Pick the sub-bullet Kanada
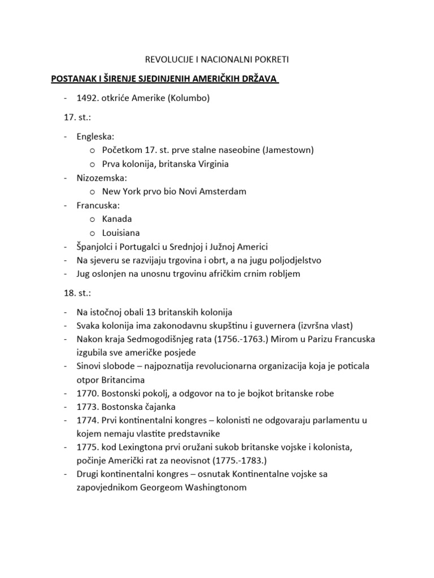[x=117, y=218]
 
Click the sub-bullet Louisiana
[x=121, y=233]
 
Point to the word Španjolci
[x=97, y=246]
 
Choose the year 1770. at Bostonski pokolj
[x=88, y=393]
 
